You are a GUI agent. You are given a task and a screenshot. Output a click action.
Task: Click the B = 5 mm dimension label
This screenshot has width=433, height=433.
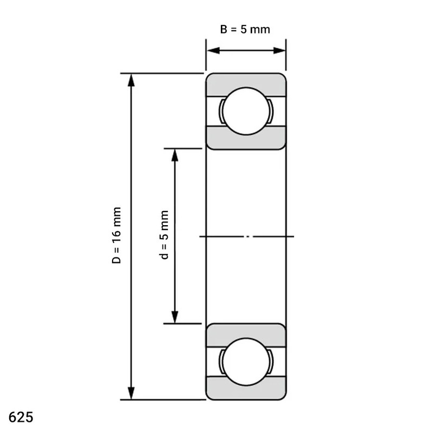(x=245, y=29)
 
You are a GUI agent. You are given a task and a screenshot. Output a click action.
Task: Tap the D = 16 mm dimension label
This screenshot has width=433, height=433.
(x=116, y=235)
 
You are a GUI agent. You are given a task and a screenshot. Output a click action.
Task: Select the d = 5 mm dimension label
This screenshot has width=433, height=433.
(x=164, y=235)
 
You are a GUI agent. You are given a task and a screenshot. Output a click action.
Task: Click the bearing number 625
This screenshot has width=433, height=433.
(x=21, y=417)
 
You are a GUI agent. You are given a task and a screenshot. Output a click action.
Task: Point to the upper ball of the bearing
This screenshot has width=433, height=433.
(x=246, y=111)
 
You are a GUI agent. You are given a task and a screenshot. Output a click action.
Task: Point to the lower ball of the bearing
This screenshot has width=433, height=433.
(x=246, y=362)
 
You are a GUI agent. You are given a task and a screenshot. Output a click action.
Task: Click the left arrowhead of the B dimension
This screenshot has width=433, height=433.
(x=213, y=50)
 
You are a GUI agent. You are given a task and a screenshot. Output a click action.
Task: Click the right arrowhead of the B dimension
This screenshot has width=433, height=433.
(x=279, y=50)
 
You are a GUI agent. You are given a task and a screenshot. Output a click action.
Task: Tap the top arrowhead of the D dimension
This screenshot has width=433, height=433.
(x=132, y=80)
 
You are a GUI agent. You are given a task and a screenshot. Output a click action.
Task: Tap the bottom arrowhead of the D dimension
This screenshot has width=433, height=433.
(x=132, y=393)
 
